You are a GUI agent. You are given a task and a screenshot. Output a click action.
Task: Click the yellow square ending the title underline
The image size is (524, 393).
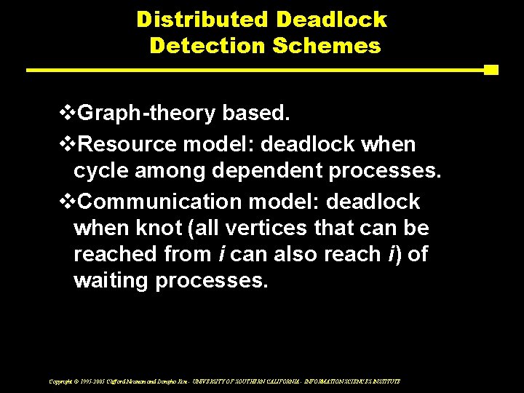click(x=491, y=70)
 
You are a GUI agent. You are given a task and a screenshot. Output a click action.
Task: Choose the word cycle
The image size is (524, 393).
click(x=99, y=171)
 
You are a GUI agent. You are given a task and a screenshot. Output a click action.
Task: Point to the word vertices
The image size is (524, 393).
click(x=268, y=229)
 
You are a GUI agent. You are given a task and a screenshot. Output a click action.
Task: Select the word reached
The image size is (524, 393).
click(x=108, y=255)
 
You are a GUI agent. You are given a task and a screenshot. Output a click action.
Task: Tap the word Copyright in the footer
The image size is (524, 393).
click(x=60, y=381)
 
